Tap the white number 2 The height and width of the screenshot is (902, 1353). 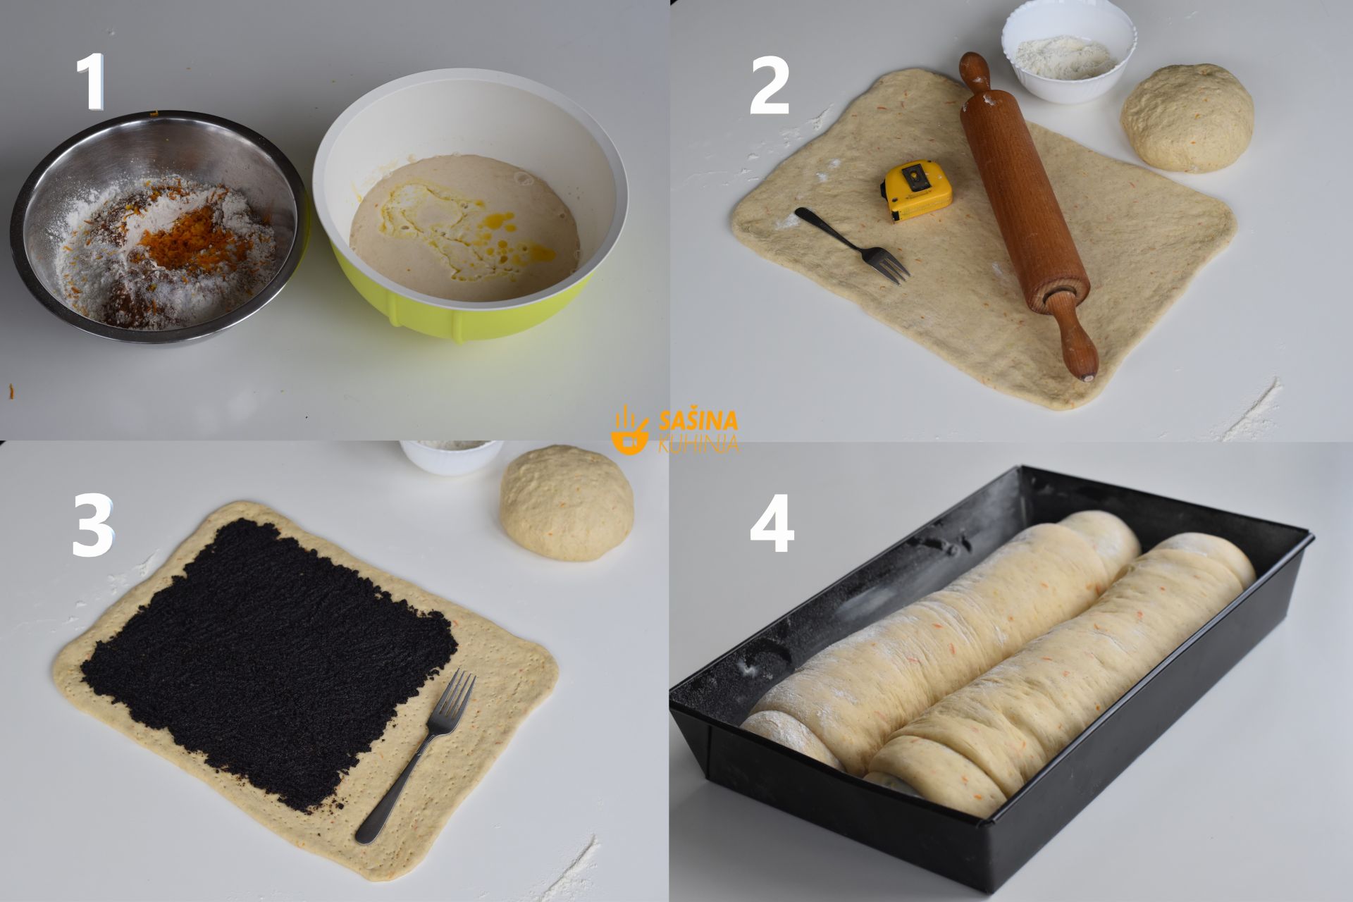coord(769,85)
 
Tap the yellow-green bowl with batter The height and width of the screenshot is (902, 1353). coord(470,204)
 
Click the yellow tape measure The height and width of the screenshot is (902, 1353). coord(916,190)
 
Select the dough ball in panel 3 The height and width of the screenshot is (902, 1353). coord(567,502)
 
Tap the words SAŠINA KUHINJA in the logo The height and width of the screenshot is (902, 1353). coord(698,431)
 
